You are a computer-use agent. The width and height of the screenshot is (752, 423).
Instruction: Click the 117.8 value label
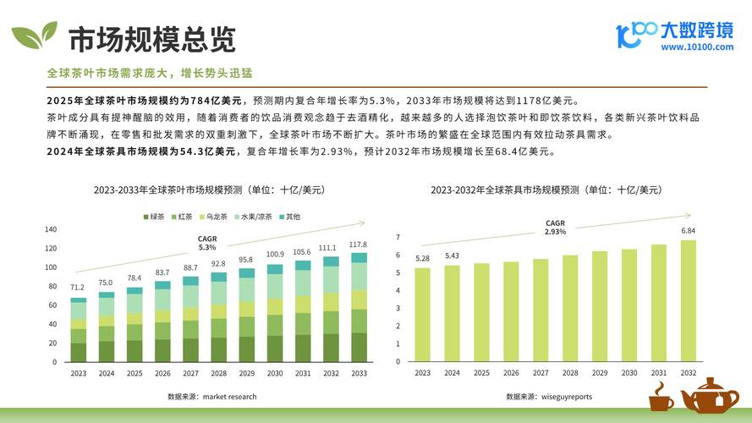point(360,245)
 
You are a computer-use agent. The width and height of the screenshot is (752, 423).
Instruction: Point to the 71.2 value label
point(78,288)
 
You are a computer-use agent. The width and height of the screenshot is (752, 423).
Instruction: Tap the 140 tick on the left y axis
point(50,229)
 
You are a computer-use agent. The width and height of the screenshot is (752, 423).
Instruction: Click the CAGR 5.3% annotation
point(207,244)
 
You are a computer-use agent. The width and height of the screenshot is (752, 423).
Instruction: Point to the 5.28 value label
point(422,258)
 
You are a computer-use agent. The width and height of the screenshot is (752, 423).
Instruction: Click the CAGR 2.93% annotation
point(555,228)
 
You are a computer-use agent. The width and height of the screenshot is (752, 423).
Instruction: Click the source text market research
point(211,396)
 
